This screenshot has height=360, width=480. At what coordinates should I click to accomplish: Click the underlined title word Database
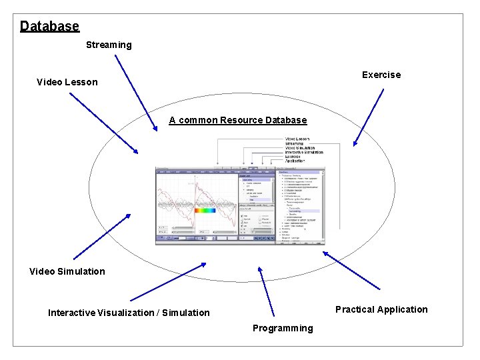click(49, 26)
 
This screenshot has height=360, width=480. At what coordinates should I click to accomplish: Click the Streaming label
click(109, 45)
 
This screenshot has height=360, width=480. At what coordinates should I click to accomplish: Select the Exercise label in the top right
click(381, 75)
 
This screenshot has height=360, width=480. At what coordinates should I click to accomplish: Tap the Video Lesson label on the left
click(67, 82)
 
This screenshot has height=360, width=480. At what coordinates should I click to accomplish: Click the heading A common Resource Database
click(237, 120)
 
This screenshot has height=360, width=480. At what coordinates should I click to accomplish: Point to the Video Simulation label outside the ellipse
click(67, 271)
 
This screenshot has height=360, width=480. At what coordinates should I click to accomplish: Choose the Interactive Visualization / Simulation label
click(129, 313)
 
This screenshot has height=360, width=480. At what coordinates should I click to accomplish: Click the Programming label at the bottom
click(283, 328)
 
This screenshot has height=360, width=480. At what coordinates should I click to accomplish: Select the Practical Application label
click(381, 309)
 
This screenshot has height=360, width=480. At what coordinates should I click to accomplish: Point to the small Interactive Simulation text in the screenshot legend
click(304, 152)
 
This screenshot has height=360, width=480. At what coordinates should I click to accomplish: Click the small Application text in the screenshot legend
click(295, 161)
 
